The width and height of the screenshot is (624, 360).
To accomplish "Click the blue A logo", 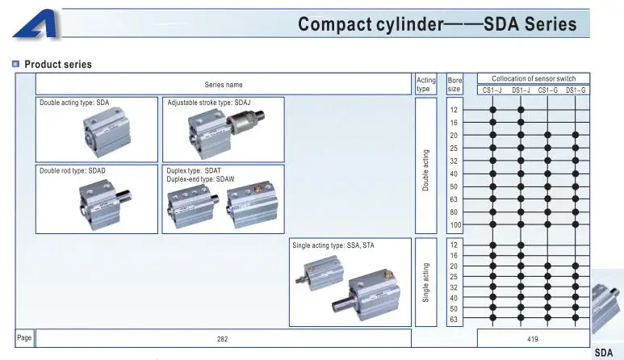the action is pyautogui.click(x=37, y=25).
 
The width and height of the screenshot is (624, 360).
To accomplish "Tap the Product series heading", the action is pyautogui.click(x=58, y=65).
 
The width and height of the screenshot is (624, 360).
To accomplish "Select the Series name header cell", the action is pyautogui.click(x=224, y=84).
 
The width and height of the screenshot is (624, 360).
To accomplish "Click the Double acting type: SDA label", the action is pyautogui.click(x=74, y=103).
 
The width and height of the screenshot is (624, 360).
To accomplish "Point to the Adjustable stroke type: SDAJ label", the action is pyautogui.click(x=209, y=103).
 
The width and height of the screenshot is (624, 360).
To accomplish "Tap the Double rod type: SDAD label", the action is pyautogui.click(x=73, y=170).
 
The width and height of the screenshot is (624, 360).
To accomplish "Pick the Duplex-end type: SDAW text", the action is pyautogui.click(x=200, y=179).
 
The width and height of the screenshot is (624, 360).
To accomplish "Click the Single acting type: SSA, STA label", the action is pyautogui.click(x=333, y=245).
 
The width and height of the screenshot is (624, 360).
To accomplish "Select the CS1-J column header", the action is pyautogui.click(x=492, y=90).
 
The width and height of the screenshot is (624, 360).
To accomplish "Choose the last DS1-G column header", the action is pyautogui.click(x=576, y=90).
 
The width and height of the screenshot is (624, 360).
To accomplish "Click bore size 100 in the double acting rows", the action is pyautogui.click(x=455, y=225).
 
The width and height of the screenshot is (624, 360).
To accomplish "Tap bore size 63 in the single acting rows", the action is pyautogui.click(x=454, y=320).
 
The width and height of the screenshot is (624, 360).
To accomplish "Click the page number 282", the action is pyautogui.click(x=223, y=339).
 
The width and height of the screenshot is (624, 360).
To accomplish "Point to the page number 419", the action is pyautogui.click(x=533, y=339).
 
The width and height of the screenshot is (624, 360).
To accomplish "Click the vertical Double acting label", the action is pyautogui.click(x=425, y=170).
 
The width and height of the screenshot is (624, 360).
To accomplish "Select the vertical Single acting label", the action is pyautogui.click(x=425, y=283).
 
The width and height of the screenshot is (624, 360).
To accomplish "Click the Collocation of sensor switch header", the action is pyautogui.click(x=534, y=79).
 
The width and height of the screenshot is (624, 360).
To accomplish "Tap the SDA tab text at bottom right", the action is pyautogui.click(x=604, y=353).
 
